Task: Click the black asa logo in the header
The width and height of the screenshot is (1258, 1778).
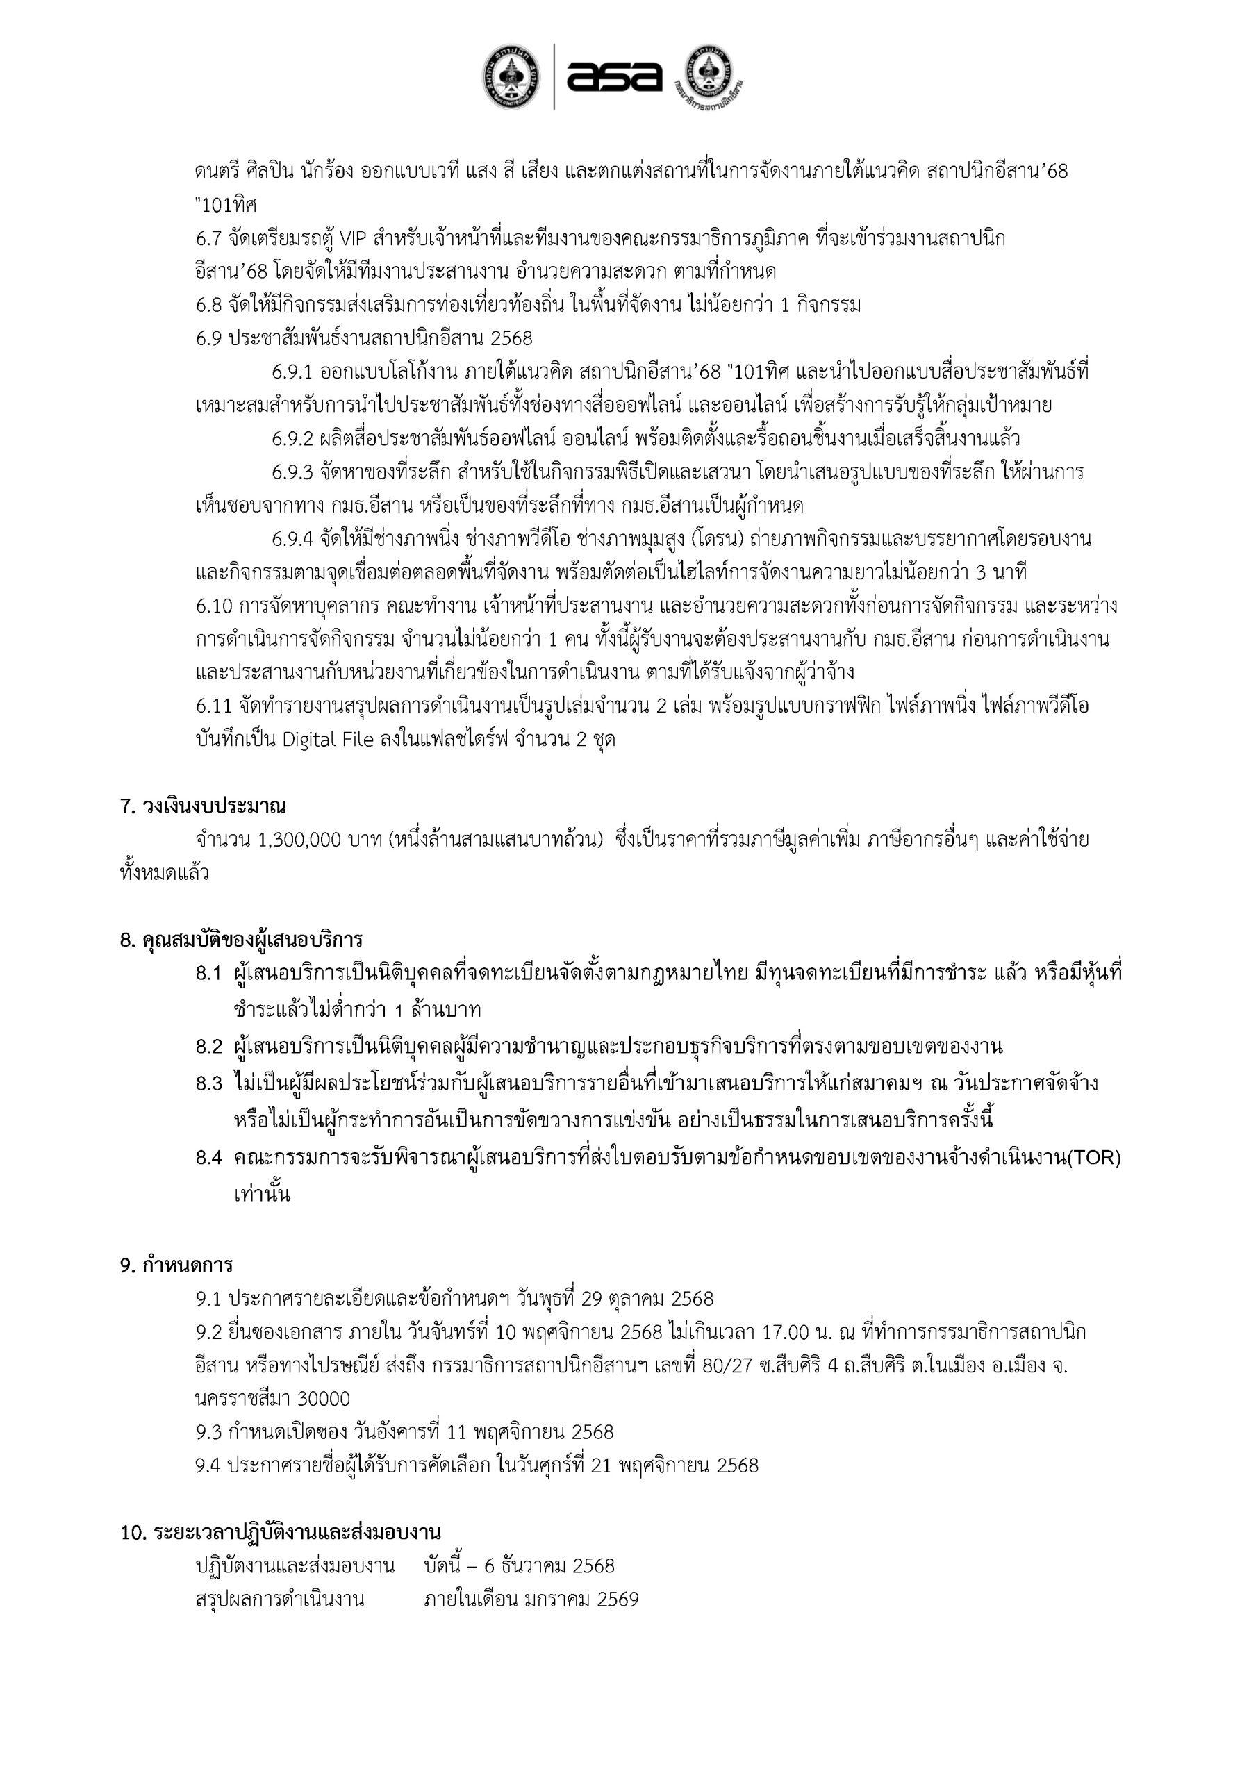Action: (614, 76)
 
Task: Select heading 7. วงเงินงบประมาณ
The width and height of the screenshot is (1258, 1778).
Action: (203, 806)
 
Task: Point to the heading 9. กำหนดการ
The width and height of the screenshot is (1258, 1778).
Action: (176, 1265)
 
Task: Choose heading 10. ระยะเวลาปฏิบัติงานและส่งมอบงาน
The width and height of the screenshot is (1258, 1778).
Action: (281, 1531)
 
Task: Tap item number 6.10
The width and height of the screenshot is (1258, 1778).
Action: (214, 606)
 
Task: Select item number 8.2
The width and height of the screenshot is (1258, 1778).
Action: (209, 1047)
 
